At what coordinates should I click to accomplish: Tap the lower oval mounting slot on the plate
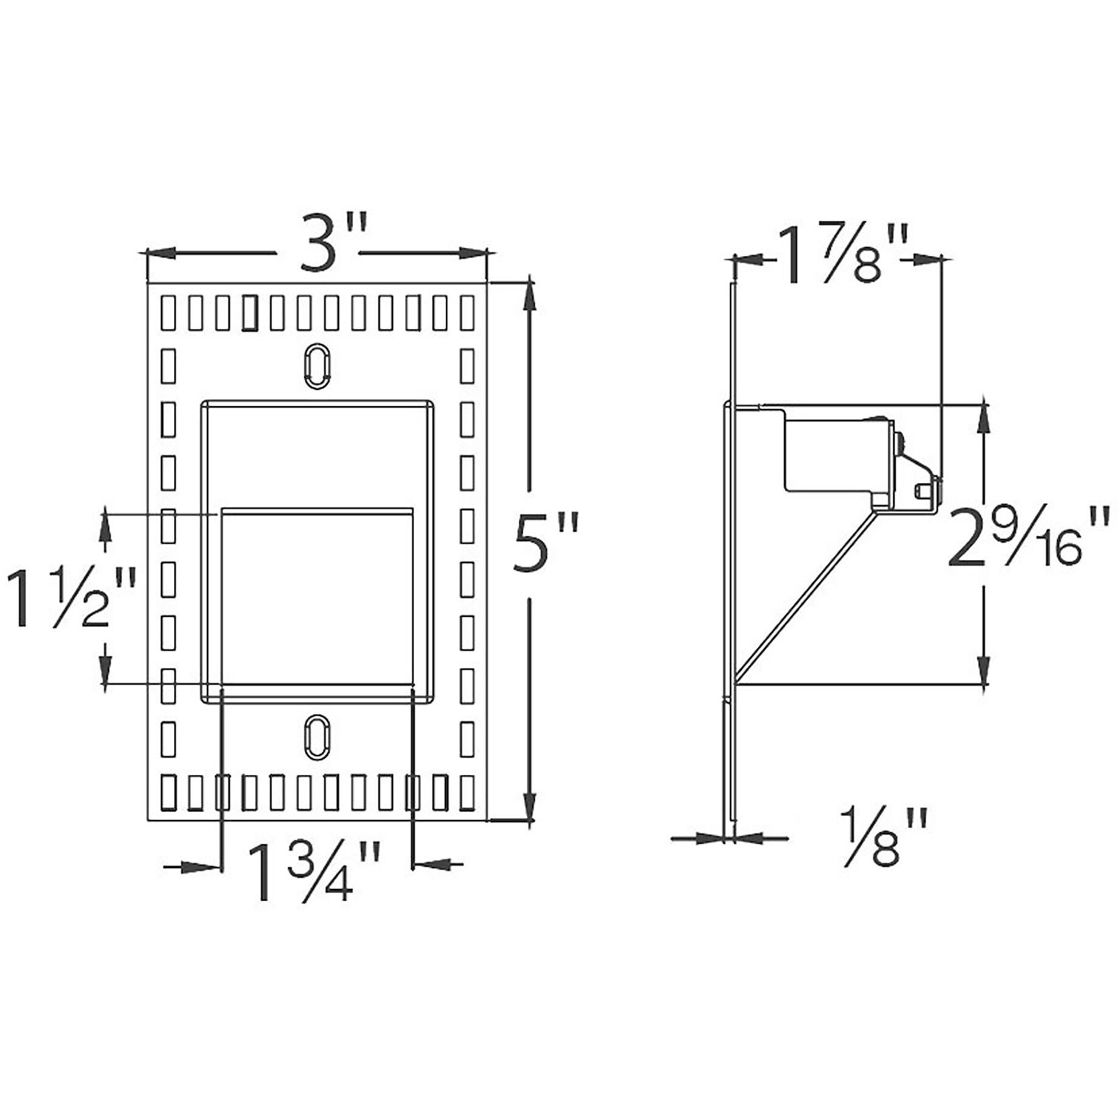[316, 736]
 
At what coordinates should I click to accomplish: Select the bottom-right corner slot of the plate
[466, 793]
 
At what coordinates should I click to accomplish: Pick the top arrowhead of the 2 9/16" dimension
[983, 417]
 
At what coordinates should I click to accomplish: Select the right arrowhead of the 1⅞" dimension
[927, 260]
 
